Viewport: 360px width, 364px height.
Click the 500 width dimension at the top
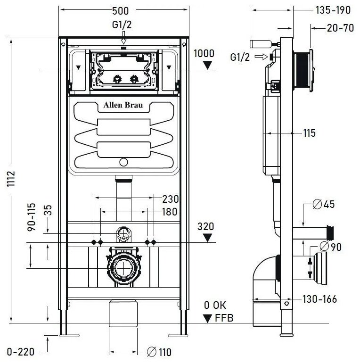(120, 11)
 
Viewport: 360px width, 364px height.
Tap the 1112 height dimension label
(11, 179)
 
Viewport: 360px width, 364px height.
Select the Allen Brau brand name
(123, 105)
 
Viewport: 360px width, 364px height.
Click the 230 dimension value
(171, 199)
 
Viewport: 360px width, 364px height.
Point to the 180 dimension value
(170, 212)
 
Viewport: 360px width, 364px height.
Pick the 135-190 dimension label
(333, 10)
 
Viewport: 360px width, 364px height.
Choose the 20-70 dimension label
(341, 28)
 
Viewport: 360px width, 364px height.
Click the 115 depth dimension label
(310, 133)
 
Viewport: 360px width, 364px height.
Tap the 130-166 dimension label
(319, 299)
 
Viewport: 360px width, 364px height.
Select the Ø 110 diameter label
(159, 352)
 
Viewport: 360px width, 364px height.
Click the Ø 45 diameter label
(324, 204)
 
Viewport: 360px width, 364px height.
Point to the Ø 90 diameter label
(330, 247)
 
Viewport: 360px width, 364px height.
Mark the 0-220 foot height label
(21, 352)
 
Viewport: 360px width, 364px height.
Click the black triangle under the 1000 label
(207, 65)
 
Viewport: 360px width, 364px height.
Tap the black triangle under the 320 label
(207, 238)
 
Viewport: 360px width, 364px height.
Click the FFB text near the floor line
(224, 318)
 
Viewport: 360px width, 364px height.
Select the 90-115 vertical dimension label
(32, 217)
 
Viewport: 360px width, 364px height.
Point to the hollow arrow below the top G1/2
(123, 38)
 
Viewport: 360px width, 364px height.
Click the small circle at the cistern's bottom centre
(123, 162)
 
